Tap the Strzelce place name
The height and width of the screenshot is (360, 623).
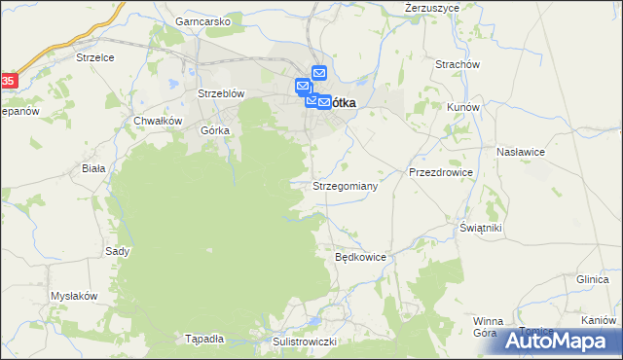click(95, 57)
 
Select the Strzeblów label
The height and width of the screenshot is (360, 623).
click(220, 93)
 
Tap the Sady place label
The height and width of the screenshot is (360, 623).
click(118, 251)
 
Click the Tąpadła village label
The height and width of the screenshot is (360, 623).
click(204, 339)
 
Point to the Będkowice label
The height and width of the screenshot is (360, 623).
click(361, 258)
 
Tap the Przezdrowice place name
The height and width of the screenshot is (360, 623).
click(441, 172)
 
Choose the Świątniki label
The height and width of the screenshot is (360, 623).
click(481, 227)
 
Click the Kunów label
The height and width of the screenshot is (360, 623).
click(460, 107)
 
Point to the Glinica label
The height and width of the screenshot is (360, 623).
click(592, 278)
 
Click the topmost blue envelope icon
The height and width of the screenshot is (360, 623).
click(320, 72)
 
